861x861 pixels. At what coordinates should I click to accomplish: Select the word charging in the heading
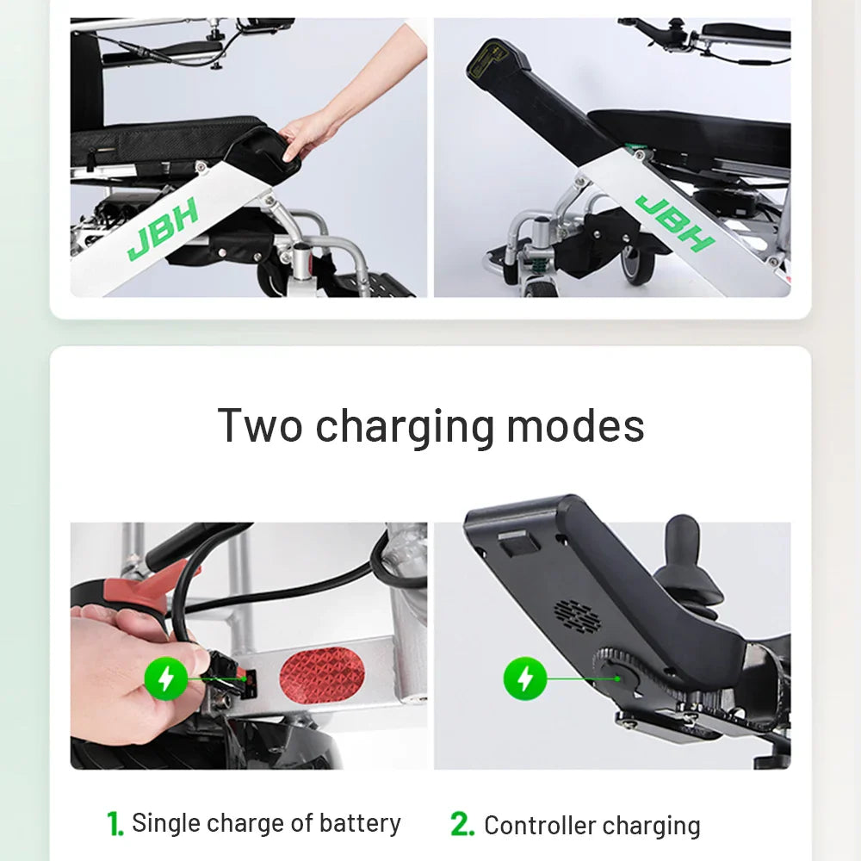[x=404, y=427]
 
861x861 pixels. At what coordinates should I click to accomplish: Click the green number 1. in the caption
[x=115, y=824]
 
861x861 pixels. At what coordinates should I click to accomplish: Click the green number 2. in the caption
[x=462, y=825]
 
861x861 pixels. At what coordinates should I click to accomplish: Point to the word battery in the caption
[x=360, y=823]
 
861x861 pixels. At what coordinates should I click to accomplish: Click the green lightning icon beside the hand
[x=164, y=679]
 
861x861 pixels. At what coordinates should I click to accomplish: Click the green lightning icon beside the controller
[x=524, y=679]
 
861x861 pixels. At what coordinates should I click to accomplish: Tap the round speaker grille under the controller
[x=576, y=615]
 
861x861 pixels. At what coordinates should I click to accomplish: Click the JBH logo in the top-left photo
[x=164, y=229]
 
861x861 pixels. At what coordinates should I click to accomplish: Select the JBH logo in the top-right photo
[x=674, y=222]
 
